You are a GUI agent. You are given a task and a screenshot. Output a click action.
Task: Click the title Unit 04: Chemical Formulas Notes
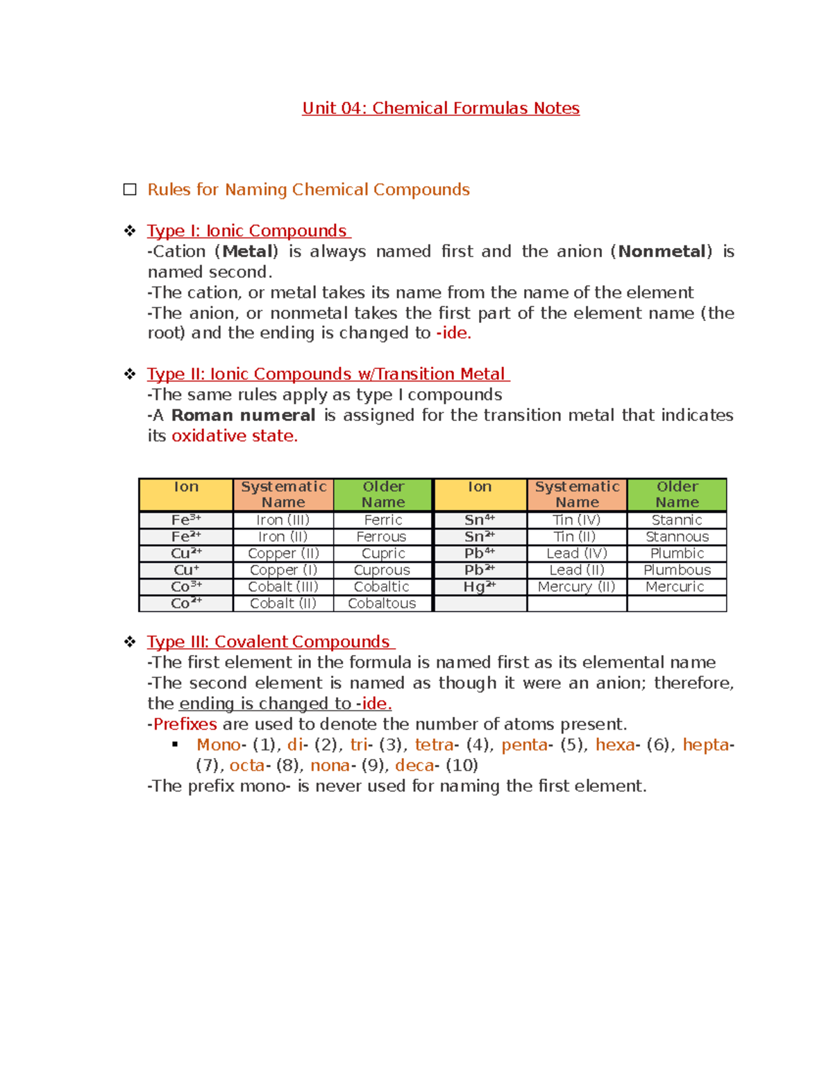coord(440,108)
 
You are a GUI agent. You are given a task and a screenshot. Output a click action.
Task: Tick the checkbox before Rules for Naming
coord(130,190)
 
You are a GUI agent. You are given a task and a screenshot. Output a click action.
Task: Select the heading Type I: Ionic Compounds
coord(248,231)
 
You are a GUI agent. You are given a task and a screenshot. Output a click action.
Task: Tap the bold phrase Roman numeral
coord(243,415)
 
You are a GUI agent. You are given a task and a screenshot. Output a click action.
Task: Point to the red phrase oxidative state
coord(234,436)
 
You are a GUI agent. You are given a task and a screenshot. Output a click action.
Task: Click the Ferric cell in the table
coord(382,520)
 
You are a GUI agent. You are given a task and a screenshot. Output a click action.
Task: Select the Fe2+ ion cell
coord(185,536)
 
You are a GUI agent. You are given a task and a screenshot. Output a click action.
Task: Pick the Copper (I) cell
coord(283,570)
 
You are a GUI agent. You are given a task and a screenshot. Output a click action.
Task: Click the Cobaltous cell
coord(382,603)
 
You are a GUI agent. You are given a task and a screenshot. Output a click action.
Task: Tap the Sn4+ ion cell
coord(479,520)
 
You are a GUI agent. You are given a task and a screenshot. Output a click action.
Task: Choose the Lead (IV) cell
coord(576,553)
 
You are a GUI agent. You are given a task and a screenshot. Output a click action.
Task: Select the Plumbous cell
coord(677,570)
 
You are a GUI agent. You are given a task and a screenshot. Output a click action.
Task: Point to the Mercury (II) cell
coord(576,586)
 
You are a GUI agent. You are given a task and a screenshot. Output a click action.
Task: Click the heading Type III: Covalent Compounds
coord(270,642)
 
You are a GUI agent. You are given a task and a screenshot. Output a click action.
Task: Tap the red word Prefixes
coord(185,724)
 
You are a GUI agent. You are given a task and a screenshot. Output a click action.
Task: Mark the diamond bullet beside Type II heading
coord(130,374)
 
